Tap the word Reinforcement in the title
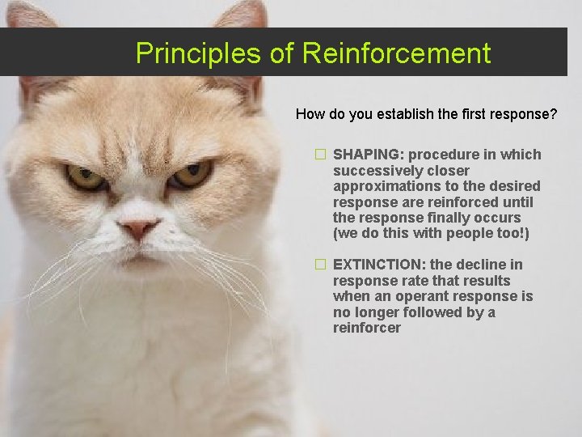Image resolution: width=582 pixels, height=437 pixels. click(x=396, y=53)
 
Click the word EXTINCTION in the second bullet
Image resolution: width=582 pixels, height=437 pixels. click(x=379, y=265)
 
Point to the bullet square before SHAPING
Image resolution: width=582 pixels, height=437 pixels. click(x=321, y=155)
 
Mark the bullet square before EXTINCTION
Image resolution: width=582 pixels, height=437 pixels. click(x=321, y=265)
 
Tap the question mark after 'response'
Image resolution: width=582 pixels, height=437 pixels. click(x=553, y=114)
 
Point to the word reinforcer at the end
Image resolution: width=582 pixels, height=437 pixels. click(x=366, y=328)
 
